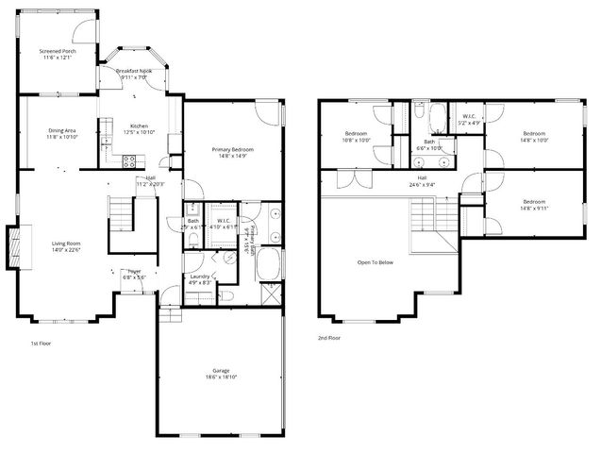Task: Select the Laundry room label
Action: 198,278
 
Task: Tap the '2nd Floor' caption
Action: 330,337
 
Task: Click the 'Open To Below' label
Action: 375,261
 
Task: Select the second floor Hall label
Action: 422,180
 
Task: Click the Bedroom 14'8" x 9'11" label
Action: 534,203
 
